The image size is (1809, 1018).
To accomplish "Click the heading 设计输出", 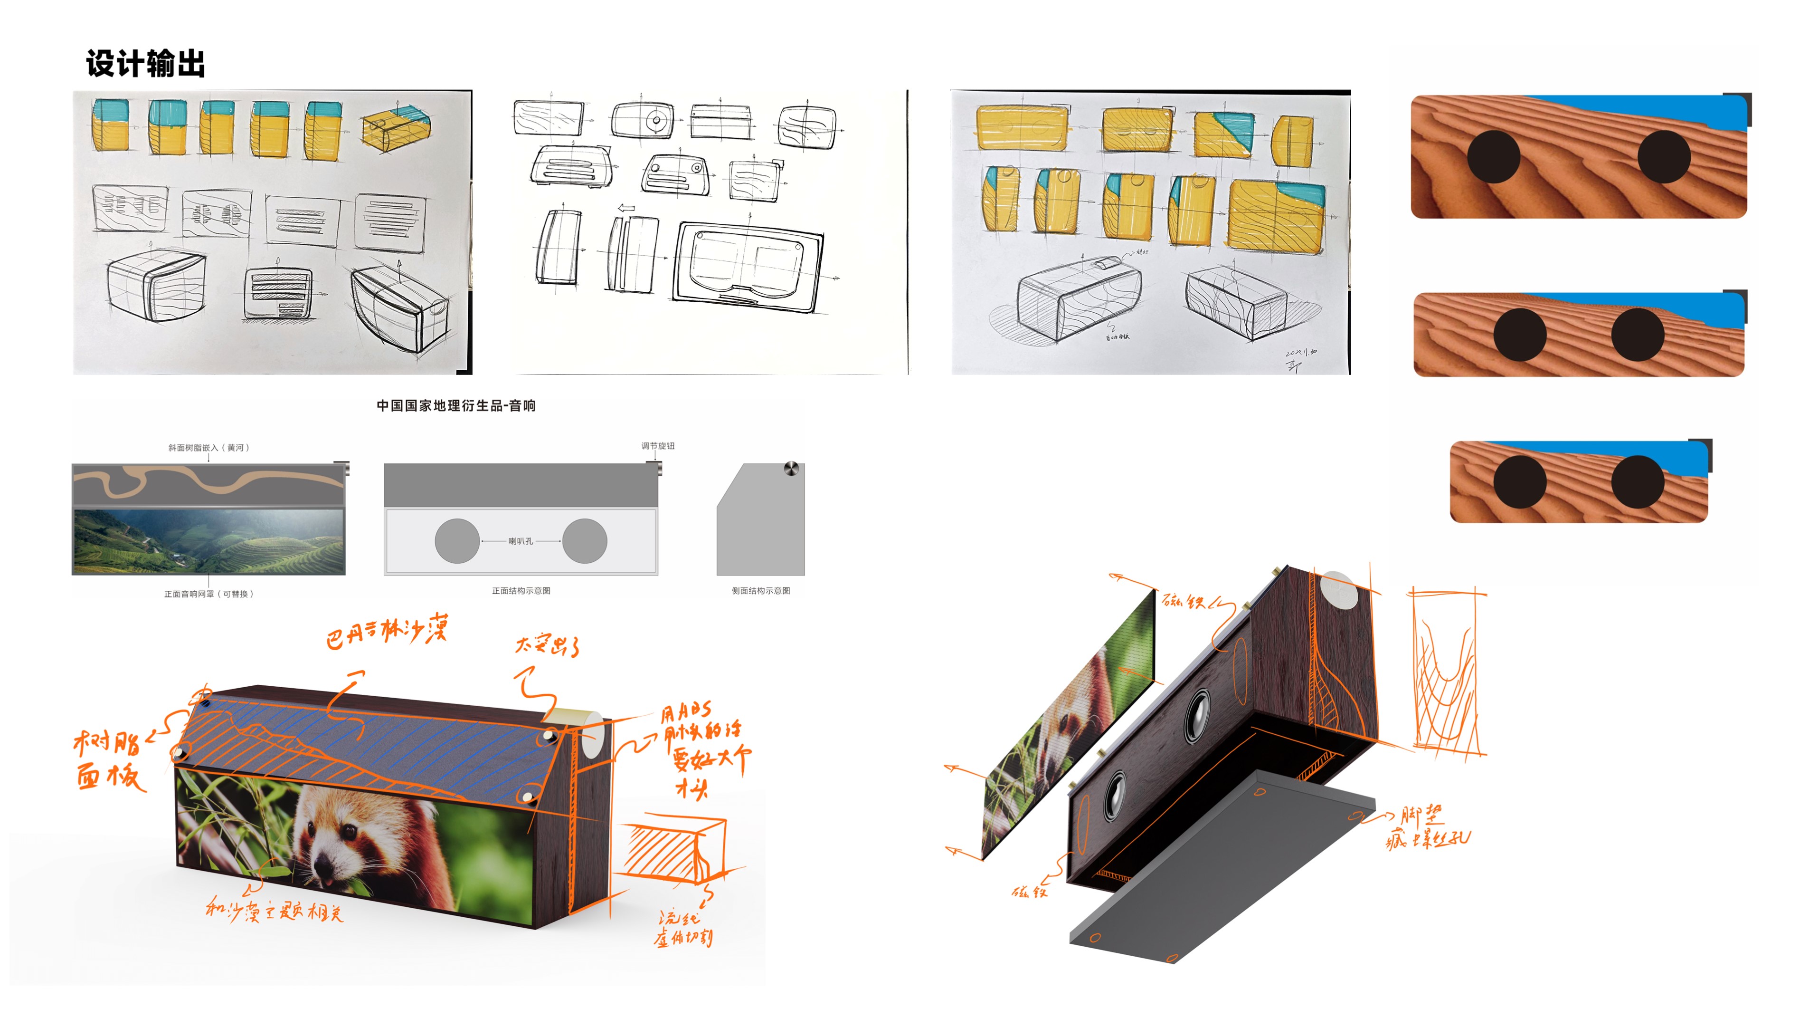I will tap(145, 64).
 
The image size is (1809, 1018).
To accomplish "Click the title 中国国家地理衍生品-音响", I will tap(456, 405).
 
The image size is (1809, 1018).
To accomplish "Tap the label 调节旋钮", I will tap(657, 446).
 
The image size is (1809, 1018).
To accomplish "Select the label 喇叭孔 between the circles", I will tap(521, 541).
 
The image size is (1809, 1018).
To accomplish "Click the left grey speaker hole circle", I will tap(457, 541).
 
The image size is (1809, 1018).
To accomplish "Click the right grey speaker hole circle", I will tap(584, 541).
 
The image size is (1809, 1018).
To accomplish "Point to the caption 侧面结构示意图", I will tap(760, 591).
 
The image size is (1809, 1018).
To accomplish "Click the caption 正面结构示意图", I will tap(521, 591).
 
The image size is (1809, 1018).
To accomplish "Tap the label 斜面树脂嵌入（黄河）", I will tap(208, 448).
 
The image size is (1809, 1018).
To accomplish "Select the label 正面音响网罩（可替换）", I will tap(208, 595).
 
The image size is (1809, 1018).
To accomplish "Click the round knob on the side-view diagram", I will tap(791, 469).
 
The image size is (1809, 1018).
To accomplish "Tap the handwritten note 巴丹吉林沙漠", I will tap(386, 631).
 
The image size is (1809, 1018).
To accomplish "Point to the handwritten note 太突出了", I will tap(547, 644).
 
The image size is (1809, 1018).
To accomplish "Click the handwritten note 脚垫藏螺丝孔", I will tap(1426, 829).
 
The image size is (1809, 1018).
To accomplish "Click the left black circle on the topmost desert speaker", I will tap(1493, 157).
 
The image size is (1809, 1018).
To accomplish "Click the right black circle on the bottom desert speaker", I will tap(1638, 481).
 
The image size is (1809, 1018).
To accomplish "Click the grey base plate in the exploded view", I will tap(1222, 871).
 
